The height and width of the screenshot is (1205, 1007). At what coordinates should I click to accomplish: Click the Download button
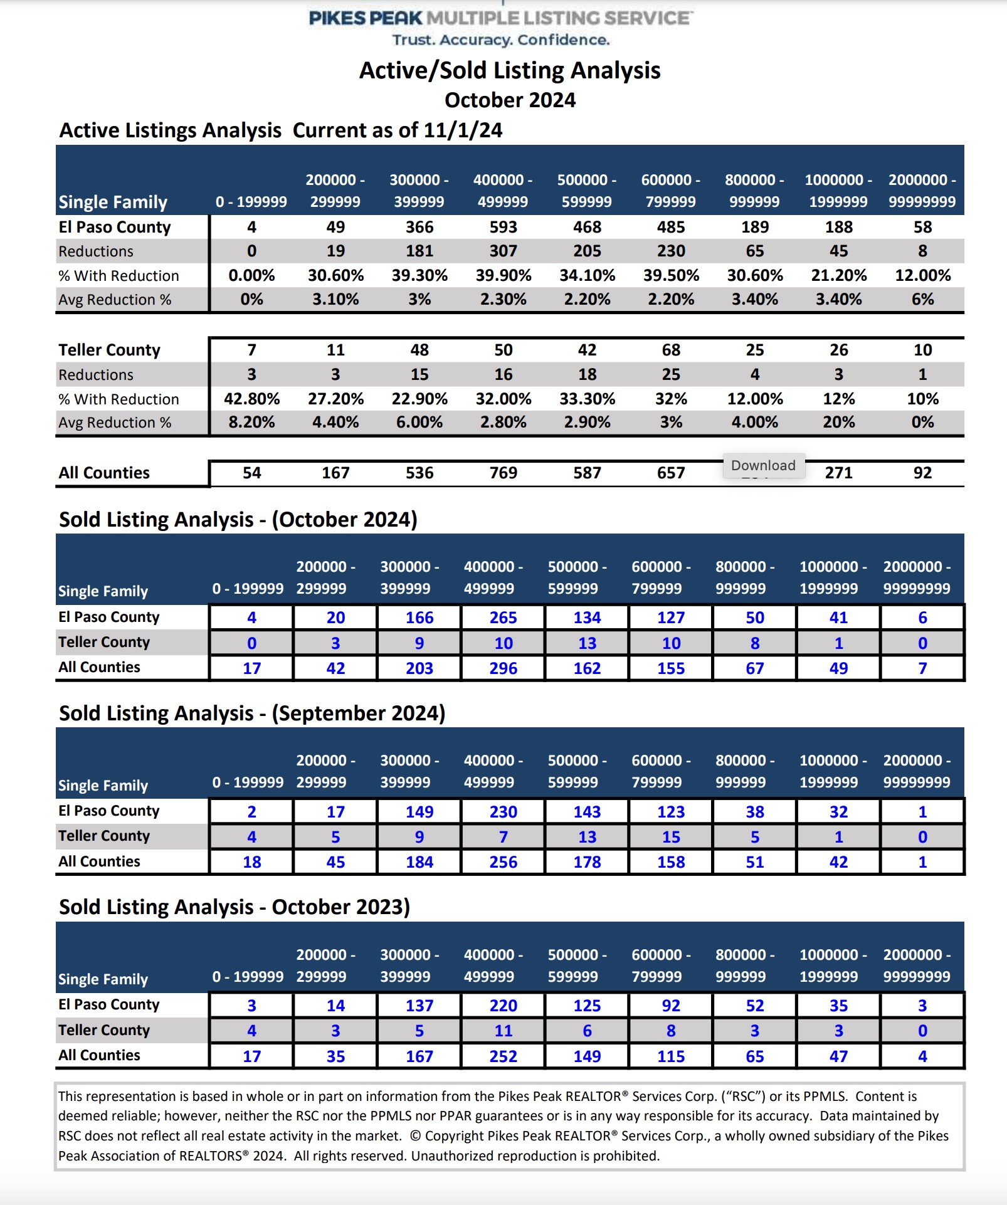pyautogui.click(x=764, y=466)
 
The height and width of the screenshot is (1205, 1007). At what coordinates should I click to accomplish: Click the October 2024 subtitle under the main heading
pyautogui.click(x=510, y=100)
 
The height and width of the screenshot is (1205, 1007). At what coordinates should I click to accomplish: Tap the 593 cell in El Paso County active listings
pyautogui.click(x=503, y=227)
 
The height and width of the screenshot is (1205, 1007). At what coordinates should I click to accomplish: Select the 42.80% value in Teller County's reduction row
pyautogui.click(x=251, y=399)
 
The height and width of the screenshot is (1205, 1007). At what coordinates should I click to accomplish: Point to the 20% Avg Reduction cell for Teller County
pyautogui.click(x=839, y=422)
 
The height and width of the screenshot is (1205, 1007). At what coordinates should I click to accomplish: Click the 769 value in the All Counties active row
pyautogui.click(x=503, y=473)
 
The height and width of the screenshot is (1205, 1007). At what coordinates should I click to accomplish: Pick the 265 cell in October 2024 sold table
pyautogui.click(x=503, y=618)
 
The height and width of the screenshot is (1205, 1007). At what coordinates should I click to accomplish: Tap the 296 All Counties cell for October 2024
pyautogui.click(x=503, y=668)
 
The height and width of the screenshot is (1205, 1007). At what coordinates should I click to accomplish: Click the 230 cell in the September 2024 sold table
pyautogui.click(x=503, y=812)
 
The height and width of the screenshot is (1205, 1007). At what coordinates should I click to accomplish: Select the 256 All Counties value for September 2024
pyautogui.click(x=503, y=862)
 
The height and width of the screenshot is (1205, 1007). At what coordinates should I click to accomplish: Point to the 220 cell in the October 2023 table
pyautogui.click(x=503, y=1006)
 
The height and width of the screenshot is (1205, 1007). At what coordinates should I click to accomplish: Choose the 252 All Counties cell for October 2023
pyautogui.click(x=503, y=1056)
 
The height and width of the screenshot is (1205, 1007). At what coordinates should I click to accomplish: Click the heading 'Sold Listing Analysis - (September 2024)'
pyautogui.click(x=252, y=713)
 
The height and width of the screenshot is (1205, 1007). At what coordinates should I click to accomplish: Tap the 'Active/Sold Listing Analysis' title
pyautogui.click(x=510, y=70)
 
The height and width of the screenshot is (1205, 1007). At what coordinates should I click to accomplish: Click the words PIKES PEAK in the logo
pyautogui.click(x=366, y=18)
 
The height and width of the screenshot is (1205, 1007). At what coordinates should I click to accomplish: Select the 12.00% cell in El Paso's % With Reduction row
pyautogui.click(x=923, y=275)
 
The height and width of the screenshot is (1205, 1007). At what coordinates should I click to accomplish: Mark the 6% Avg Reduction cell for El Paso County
pyautogui.click(x=923, y=299)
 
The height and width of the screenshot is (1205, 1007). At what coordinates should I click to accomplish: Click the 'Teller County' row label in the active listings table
pyautogui.click(x=110, y=350)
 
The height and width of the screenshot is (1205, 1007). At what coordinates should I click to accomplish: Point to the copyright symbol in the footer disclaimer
pyautogui.click(x=415, y=1136)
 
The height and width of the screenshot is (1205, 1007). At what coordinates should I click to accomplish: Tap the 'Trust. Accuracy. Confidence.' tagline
pyautogui.click(x=501, y=40)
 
